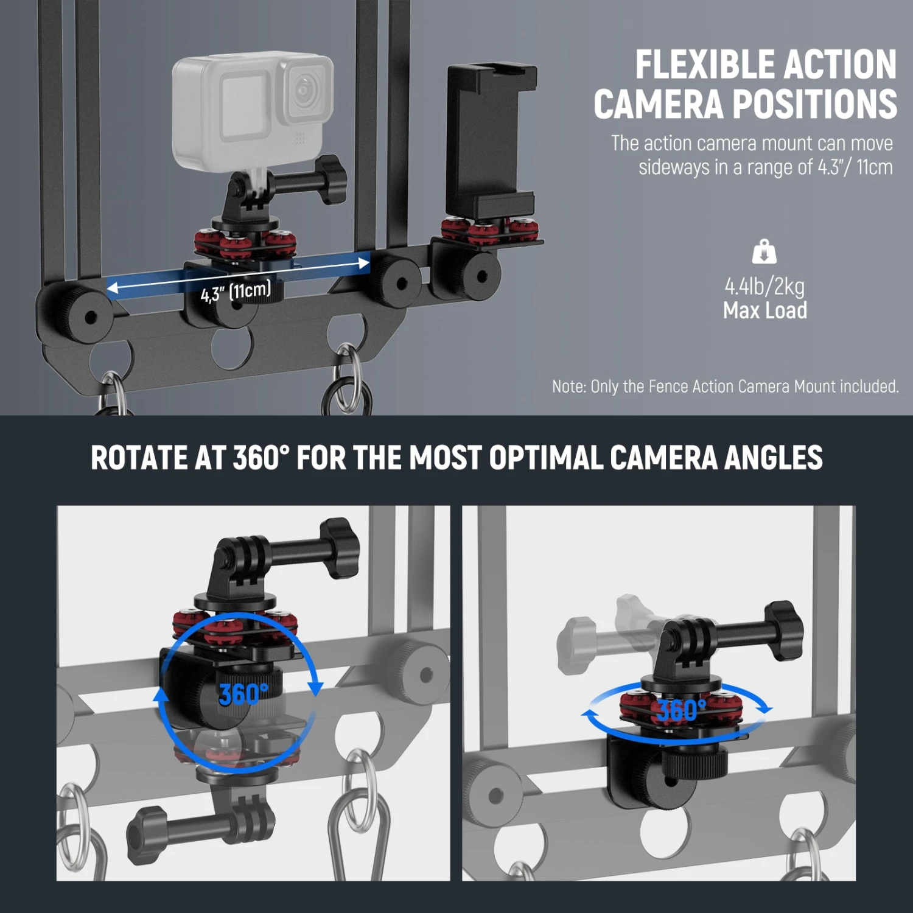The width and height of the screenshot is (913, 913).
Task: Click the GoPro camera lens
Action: click(x=303, y=90)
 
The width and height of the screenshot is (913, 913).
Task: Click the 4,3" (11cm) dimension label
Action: click(x=236, y=292)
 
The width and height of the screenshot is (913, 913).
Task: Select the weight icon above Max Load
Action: click(x=764, y=251)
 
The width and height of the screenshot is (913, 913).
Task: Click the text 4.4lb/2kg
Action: click(x=764, y=285)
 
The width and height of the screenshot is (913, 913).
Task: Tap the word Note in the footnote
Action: click(x=568, y=387)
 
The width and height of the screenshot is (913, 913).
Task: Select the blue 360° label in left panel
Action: click(x=243, y=694)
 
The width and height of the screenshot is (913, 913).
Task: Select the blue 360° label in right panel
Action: click(x=682, y=710)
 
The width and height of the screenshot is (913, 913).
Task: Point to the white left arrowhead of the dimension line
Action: click(x=113, y=287)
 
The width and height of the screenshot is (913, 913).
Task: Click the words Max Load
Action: click(x=764, y=310)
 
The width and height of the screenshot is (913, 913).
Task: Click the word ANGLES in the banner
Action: click(x=773, y=458)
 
